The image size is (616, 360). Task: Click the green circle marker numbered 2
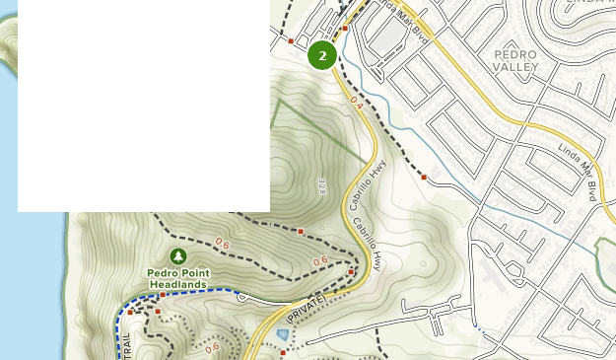(x=322, y=55)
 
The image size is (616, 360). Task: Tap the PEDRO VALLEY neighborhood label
(x=515, y=60)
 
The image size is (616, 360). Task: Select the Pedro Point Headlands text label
(x=178, y=278)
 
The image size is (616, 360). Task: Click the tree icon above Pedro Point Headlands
(x=178, y=256)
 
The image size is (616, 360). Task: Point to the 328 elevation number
(x=322, y=186)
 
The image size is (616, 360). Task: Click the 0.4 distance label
(x=356, y=101)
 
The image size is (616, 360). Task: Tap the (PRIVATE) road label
(x=306, y=310)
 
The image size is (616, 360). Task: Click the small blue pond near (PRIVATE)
(x=284, y=334)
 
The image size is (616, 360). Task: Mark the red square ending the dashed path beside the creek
(x=424, y=178)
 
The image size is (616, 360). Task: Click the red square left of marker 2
(x=291, y=41)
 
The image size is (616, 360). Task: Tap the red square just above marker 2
(x=345, y=29)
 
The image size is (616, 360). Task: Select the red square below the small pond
(x=283, y=352)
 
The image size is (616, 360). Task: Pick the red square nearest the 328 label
(x=301, y=232)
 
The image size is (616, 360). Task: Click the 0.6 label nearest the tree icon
(x=222, y=244)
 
